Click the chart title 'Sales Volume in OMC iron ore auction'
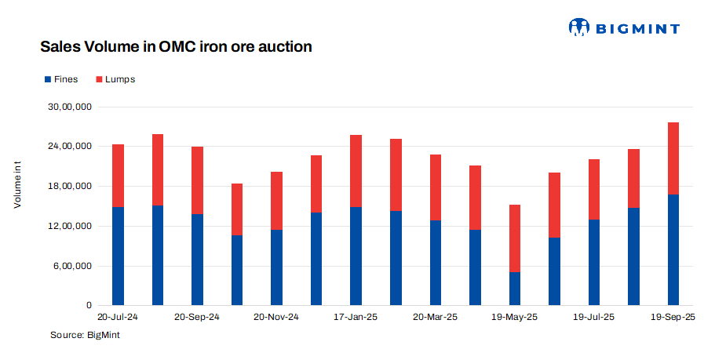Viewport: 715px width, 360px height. pos(176,47)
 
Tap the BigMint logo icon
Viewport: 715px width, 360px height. pos(578,27)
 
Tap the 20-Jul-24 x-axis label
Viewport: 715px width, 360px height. pos(118,318)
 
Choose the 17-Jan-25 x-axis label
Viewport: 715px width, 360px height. pos(356,318)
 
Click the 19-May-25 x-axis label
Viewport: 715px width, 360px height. pos(514,318)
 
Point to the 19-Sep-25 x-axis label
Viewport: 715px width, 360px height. pos(673,318)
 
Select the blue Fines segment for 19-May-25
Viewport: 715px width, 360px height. pos(515,289)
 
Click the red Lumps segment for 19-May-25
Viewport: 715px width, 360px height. pos(515,238)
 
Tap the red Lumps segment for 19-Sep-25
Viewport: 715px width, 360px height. pos(673,158)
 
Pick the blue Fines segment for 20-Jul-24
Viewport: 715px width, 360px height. pos(118,256)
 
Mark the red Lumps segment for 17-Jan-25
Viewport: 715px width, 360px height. pos(356,171)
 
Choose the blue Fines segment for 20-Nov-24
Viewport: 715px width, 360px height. pos(276,267)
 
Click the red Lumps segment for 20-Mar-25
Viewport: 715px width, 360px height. pos(436,187)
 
